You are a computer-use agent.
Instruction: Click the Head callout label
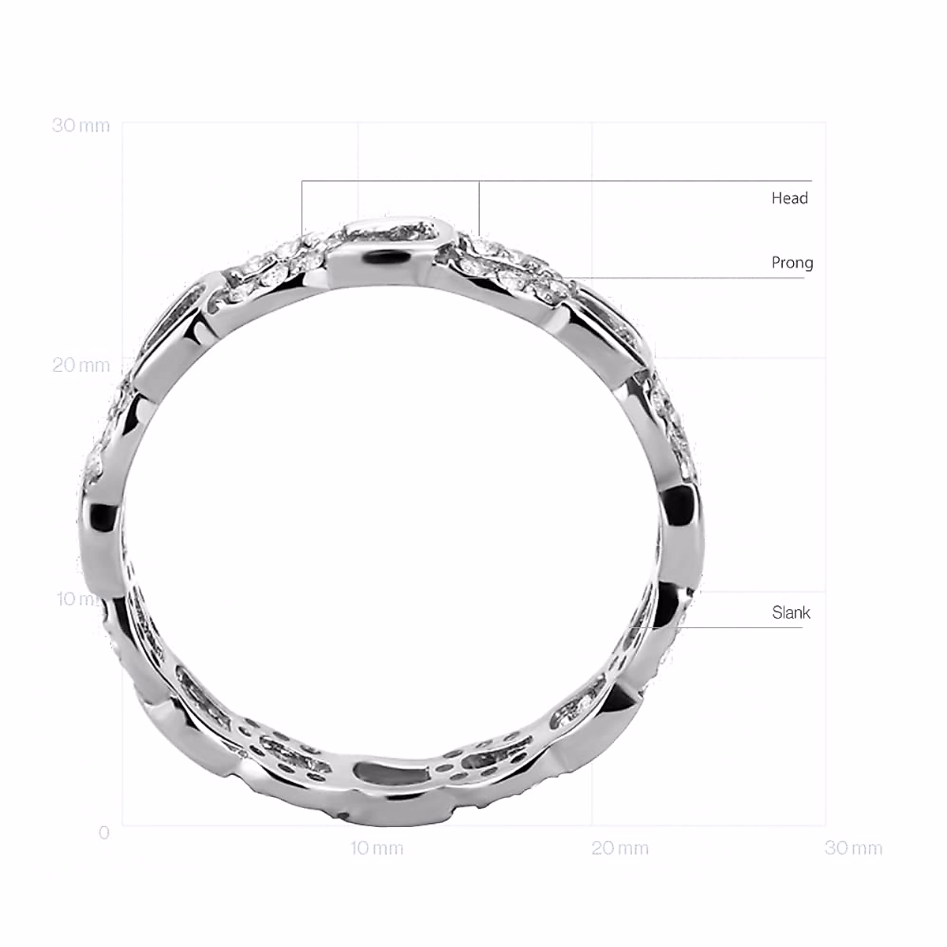coord(789,198)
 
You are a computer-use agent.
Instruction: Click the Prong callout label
coord(792,263)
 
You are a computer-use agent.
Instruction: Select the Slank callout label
coord(791,612)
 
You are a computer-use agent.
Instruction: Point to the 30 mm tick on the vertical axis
coord(80,125)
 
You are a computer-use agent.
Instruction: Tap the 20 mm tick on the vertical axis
coord(80,365)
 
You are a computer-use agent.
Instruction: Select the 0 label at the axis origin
coord(104,833)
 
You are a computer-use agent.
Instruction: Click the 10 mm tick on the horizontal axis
coord(376,848)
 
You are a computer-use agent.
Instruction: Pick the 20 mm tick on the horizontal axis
coord(619,848)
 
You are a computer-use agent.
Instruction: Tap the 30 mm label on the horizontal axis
coord(853,848)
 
